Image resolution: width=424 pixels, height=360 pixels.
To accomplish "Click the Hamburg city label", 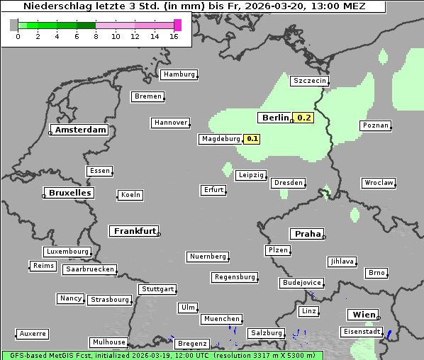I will (179, 74).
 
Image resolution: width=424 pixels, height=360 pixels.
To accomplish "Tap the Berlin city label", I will (275, 118).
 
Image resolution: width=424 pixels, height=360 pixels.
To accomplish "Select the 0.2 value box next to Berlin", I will (304, 118).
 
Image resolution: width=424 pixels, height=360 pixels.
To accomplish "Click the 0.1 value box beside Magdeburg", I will (252, 139).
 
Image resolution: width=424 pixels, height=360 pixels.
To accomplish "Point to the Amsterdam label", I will (80, 130).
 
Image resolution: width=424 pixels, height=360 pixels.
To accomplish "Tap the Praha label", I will (307, 234).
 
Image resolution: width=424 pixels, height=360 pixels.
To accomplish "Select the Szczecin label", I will (309, 81).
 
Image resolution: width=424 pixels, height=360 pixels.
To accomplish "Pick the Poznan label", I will (375, 125).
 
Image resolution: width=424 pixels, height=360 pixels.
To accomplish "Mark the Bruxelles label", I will (69, 193).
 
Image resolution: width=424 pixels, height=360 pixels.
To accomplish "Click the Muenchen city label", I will (221, 319).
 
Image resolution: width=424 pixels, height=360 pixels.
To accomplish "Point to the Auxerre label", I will (33, 333).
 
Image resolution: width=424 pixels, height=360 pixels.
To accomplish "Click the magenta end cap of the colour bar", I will (177, 25).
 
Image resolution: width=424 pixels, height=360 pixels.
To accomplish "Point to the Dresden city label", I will (289, 183).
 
